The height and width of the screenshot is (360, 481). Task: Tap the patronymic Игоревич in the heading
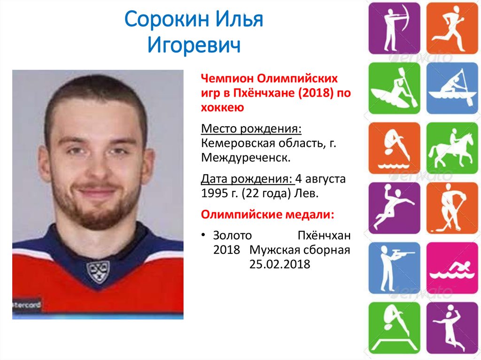tap(194, 45)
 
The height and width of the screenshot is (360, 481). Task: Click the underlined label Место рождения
tap(251, 129)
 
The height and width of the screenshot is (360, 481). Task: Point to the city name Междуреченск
tap(246, 158)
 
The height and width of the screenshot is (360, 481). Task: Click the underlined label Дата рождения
tap(247, 179)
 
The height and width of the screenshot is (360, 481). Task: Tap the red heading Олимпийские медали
tap(267, 214)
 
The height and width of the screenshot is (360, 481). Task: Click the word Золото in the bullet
tap(232, 235)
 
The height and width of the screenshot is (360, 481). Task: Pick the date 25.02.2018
tap(279, 264)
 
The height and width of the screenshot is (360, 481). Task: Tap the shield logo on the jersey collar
tap(98, 272)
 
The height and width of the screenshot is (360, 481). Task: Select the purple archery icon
tap(394, 28)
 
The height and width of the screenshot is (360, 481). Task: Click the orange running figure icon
tap(452, 28)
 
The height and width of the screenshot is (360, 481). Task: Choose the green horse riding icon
tap(452, 148)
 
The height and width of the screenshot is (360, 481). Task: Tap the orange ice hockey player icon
tap(452, 208)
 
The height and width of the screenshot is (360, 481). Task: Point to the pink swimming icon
tap(452, 268)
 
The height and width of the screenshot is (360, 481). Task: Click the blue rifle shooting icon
tap(394, 268)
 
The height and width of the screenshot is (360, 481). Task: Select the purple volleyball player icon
tap(452, 328)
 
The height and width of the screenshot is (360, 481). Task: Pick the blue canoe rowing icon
tap(452, 88)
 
